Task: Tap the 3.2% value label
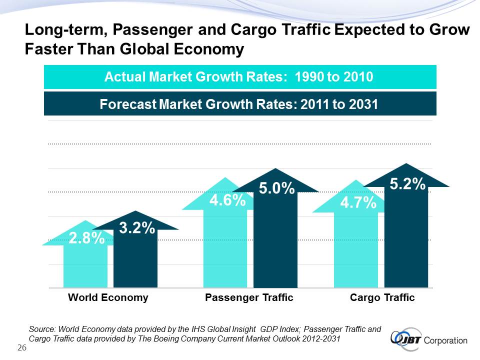pyautogui.click(x=136, y=228)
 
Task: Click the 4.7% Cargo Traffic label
pyautogui.click(x=358, y=202)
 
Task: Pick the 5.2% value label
pyautogui.click(x=407, y=184)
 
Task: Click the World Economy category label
pyautogui.click(x=108, y=297)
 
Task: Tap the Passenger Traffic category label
pyautogui.click(x=249, y=297)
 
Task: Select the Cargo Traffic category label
pyautogui.click(x=382, y=297)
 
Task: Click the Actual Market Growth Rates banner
pyautogui.click(x=240, y=77)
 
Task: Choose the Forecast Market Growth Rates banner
pyautogui.click(x=240, y=104)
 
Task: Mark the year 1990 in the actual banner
pyautogui.click(x=310, y=77)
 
